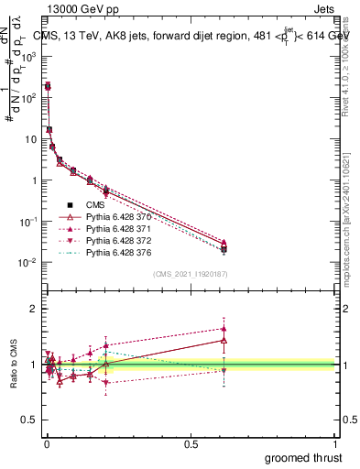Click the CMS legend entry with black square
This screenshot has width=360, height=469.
(x=97, y=204)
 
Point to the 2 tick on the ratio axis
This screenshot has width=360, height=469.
(x=34, y=309)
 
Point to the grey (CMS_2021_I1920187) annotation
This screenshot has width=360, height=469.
(x=191, y=273)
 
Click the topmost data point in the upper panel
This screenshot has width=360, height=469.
(x=48, y=86)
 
